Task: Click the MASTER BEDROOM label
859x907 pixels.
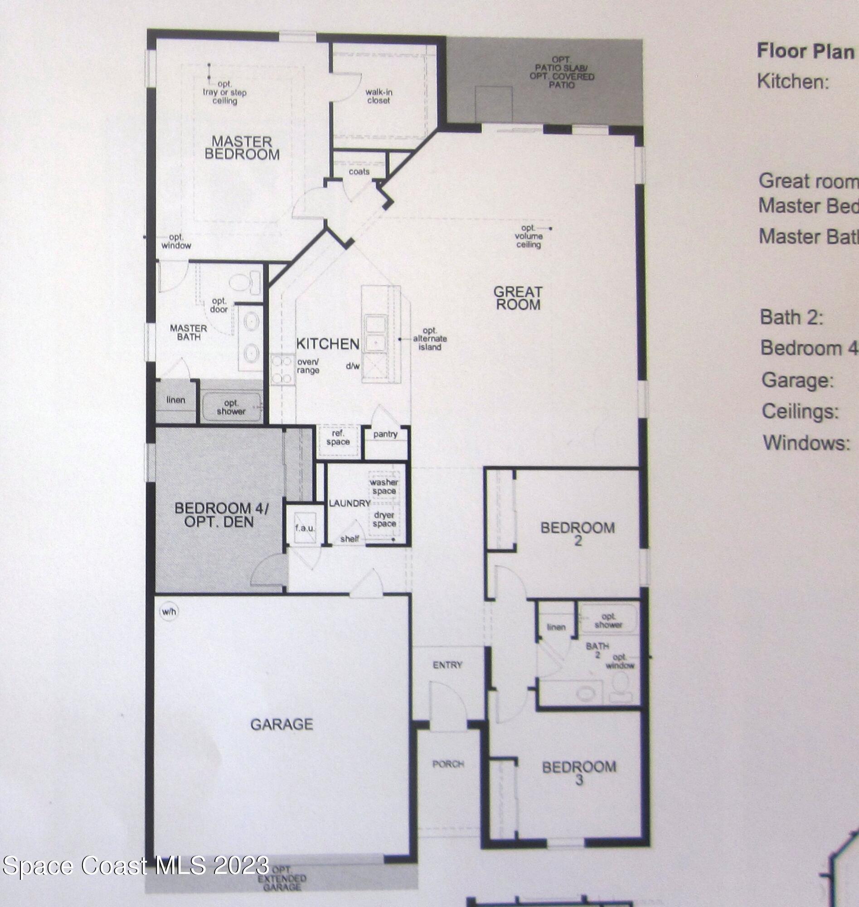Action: [x=241, y=147]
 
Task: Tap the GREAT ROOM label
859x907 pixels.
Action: [x=518, y=298]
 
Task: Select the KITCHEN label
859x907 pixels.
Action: [x=327, y=344]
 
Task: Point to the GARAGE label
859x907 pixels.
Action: [x=281, y=724]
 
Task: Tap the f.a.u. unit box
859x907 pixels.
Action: [x=305, y=528]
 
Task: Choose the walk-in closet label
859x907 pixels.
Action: [x=379, y=96]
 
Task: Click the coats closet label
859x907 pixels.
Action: [x=359, y=171]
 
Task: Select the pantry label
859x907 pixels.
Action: [x=385, y=434]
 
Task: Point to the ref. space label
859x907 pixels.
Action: [x=338, y=438]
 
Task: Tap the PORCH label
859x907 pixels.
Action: [x=448, y=764]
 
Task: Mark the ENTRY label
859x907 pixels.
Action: [x=447, y=665]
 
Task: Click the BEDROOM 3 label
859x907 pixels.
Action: [x=579, y=774]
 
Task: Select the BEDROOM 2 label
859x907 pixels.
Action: [x=578, y=534]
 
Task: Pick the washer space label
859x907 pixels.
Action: [x=383, y=487]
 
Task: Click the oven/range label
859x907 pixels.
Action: [x=308, y=366]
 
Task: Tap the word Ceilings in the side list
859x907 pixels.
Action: [x=800, y=411]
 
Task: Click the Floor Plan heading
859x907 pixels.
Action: [x=805, y=51]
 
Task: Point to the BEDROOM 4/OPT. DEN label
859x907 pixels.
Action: [x=221, y=514]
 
